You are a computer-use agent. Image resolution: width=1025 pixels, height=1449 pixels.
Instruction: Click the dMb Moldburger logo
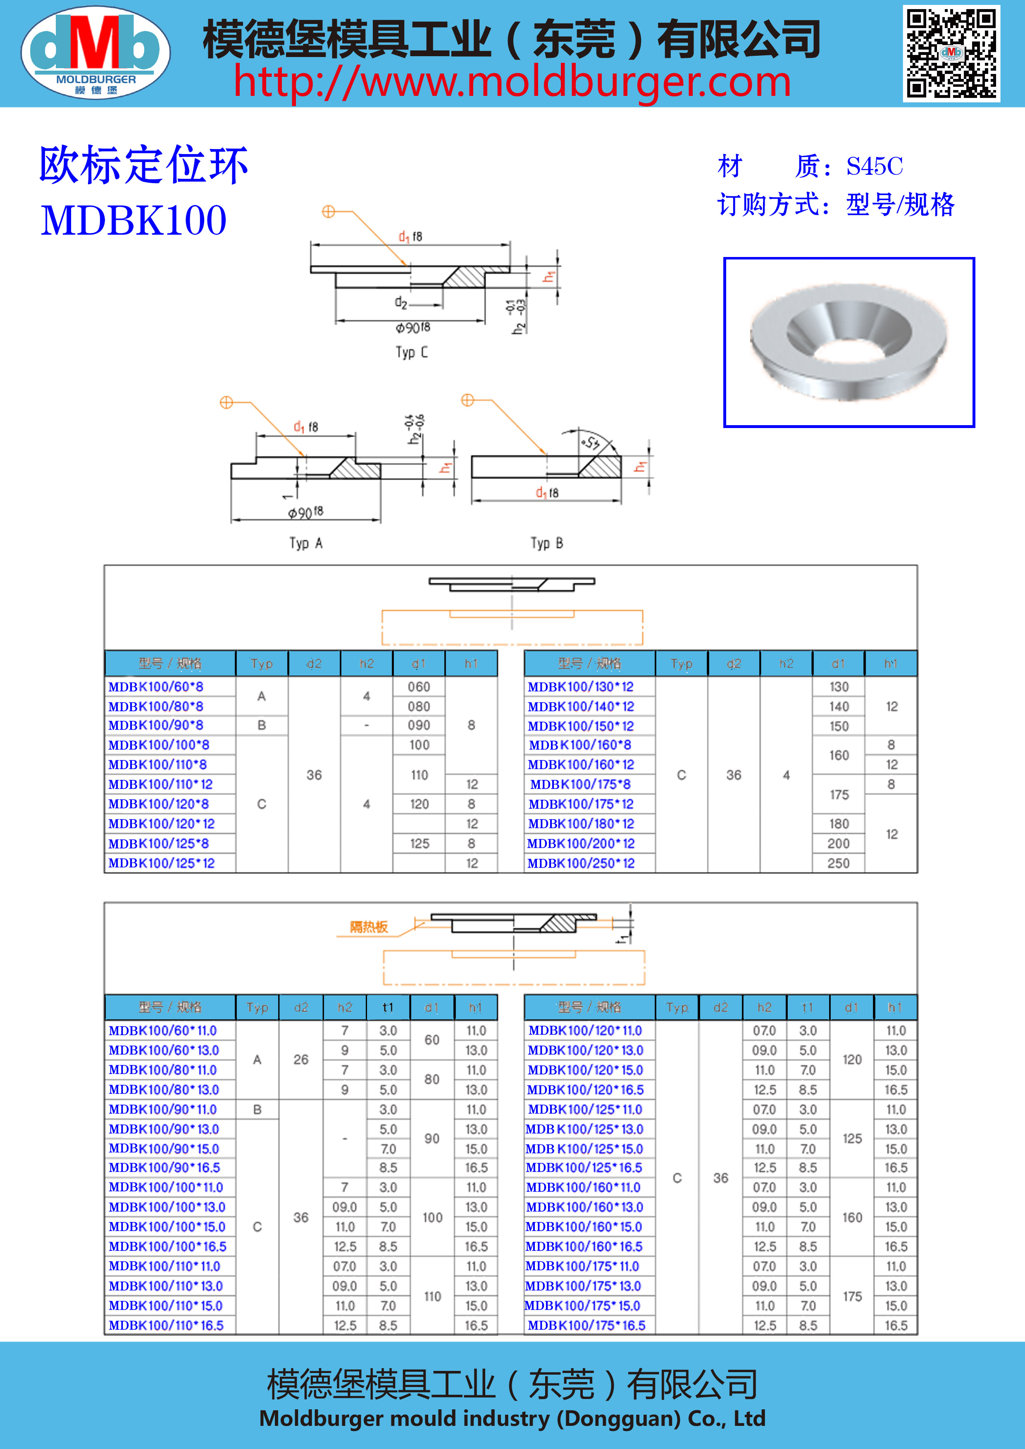pos(95,52)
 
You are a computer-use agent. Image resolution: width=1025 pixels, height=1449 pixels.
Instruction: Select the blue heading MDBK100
pos(134,221)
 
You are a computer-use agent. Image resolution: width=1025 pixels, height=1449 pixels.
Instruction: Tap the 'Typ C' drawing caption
pos(412,352)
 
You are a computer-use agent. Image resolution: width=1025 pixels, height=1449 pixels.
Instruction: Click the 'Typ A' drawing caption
pos(306,543)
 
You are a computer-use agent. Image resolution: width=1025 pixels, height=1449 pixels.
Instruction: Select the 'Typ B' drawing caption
pos(546,543)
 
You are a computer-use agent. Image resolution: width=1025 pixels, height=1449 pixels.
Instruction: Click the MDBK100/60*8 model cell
pos(156,687)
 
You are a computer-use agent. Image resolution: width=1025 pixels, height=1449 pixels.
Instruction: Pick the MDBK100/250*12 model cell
pos(581,864)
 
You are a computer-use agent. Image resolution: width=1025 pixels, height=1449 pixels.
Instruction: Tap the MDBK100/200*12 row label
pos(581,844)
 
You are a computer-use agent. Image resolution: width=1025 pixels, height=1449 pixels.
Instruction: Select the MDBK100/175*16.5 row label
pos(586,1325)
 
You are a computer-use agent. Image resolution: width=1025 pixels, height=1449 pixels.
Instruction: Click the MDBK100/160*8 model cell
pos(580,745)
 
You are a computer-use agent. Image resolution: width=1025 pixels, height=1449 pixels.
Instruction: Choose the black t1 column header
pos(388,1007)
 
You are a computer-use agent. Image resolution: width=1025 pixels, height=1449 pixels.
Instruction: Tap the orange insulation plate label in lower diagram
pos(369,926)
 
